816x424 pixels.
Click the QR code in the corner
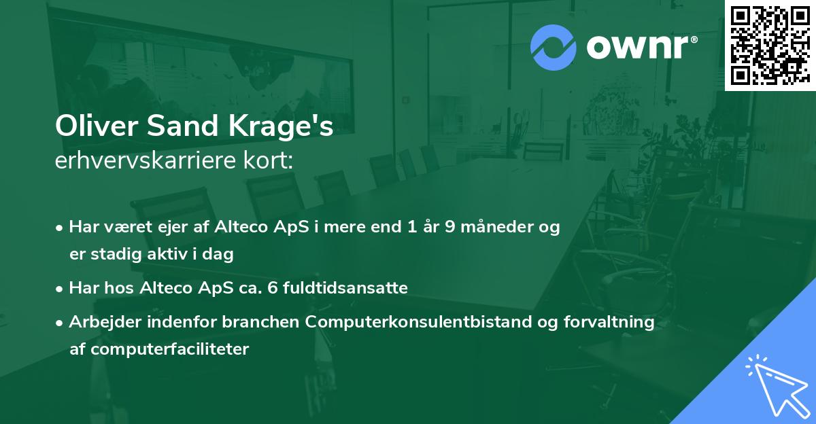tap(769, 46)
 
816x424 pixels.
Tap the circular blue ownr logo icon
tap(553, 48)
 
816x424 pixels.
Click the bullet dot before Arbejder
tap(60, 323)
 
